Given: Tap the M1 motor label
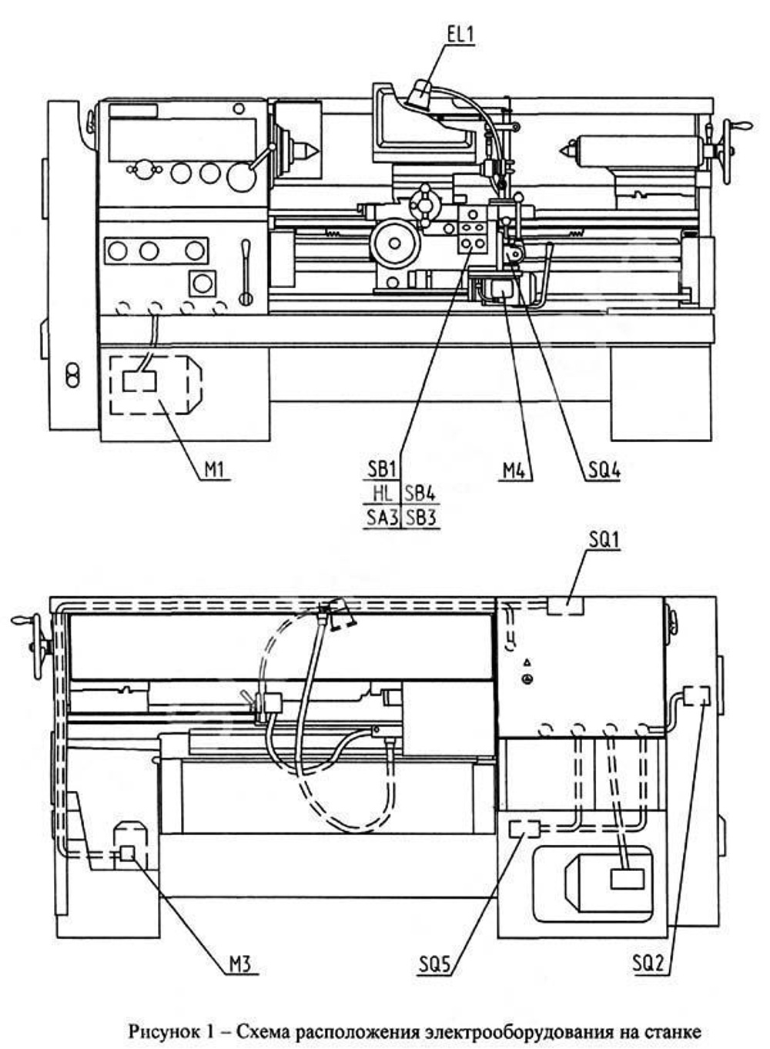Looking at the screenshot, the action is coord(216,470).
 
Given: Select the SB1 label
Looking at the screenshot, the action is coord(380,469).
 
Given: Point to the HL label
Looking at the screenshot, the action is coord(383,494).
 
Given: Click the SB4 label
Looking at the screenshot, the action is coord(420,494).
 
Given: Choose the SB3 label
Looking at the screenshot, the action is coord(420,518).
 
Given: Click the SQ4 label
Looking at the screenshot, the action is coord(604,471).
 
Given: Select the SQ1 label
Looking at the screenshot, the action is coord(604,541).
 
